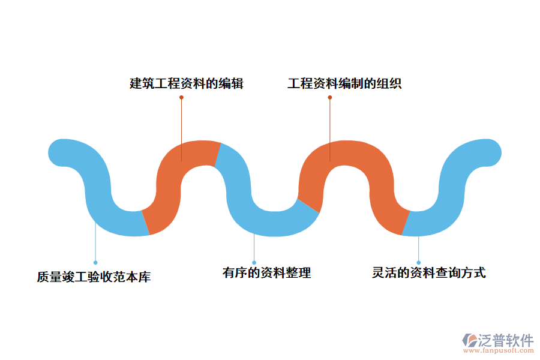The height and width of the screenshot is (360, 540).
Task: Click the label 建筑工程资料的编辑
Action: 187,83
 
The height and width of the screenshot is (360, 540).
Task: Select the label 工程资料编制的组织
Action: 344,83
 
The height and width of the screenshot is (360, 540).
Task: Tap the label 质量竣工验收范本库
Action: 94,277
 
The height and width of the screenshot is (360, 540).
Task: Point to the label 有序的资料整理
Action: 266,273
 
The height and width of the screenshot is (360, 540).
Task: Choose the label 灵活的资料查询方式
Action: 428,273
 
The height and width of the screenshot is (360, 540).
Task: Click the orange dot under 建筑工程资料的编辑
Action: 181,97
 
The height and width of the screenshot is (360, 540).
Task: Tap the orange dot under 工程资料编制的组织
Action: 329,97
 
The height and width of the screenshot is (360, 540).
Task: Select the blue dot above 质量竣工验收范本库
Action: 95,262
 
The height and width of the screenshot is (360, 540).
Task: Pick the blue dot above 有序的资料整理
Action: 254,262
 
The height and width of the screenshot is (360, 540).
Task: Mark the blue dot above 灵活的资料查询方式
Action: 418,262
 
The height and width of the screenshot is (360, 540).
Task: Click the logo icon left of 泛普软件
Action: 469,340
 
